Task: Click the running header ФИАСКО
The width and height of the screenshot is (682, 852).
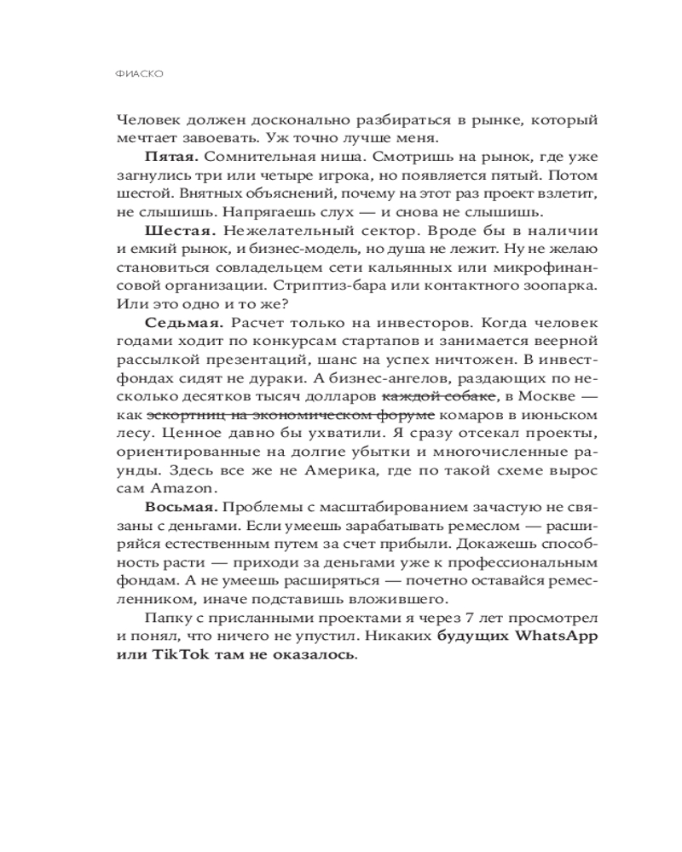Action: pos(138,74)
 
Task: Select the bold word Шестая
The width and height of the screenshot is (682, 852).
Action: pos(173,231)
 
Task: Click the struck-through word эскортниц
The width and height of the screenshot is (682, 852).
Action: pos(181,415)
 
